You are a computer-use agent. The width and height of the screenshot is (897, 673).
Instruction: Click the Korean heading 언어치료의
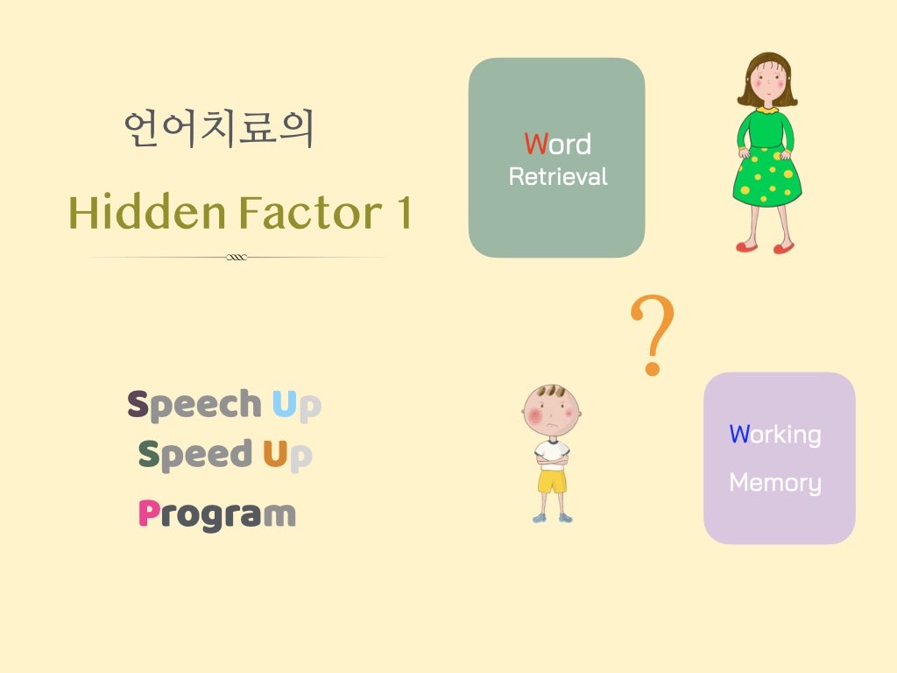(x=219, y=129)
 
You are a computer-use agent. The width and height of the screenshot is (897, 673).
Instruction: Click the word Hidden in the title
(x=147, y=212)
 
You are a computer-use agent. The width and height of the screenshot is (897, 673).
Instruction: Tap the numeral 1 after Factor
(x=405, y=212)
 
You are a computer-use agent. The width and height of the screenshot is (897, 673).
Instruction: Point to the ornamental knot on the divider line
(x=237, y=257)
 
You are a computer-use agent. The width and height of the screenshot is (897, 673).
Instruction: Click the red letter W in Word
(x=536, y=145)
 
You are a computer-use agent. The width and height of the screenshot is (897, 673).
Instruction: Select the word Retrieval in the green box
(x=558, y=176)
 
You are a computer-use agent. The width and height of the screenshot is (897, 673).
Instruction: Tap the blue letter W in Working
(x=739, y=434)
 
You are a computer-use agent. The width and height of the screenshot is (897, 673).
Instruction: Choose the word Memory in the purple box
(x=775, y=483)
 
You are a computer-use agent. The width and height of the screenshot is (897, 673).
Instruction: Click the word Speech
(x=194, y=405)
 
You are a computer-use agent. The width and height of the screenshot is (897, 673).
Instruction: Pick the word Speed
(x=195, y=455)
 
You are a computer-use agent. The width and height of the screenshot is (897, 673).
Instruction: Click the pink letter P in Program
(x=149, y=513)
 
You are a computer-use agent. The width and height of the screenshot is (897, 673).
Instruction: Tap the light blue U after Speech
(x=284, y=403)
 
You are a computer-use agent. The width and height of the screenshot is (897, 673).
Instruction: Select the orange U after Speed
(x=274, y=453)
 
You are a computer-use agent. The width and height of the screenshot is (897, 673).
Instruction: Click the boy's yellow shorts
(x=552, y=481)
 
